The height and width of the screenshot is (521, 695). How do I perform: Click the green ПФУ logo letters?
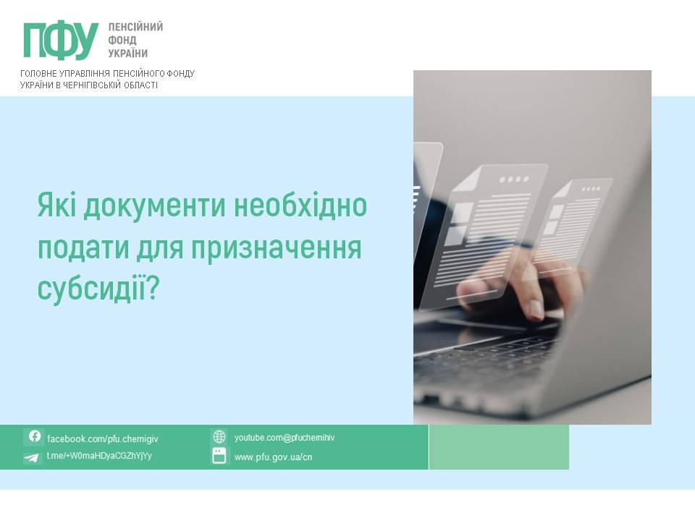(61, 41)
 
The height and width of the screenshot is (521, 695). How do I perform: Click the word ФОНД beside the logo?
(122, 41)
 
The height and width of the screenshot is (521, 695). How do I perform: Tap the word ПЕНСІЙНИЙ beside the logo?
(135, 27)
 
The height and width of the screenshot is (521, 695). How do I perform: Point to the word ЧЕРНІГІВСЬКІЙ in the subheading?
(93, 85)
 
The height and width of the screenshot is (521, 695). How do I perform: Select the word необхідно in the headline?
(300, 205)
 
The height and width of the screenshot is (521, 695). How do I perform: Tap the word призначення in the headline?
(277, 248)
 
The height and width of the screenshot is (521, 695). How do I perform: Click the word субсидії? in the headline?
(98, 289)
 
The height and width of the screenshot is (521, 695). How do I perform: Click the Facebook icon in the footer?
(35, 436)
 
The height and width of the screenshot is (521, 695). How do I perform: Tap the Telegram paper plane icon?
(31, 457)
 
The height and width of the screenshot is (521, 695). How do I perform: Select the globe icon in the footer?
(219, 437)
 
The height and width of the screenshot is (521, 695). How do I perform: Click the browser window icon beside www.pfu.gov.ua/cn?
(219, 456)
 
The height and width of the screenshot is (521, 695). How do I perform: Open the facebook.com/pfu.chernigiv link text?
(102, 439)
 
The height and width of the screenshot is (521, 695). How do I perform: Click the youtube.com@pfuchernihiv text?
(284, 438)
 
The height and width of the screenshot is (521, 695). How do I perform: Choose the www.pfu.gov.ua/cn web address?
(273, 457)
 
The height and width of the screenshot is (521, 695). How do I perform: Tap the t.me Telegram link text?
(99, 456)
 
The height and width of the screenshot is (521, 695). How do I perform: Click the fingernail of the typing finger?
(536, 309)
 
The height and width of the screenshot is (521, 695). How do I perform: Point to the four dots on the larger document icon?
(514, 180)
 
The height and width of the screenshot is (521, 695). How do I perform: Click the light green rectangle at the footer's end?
(499, 447)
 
